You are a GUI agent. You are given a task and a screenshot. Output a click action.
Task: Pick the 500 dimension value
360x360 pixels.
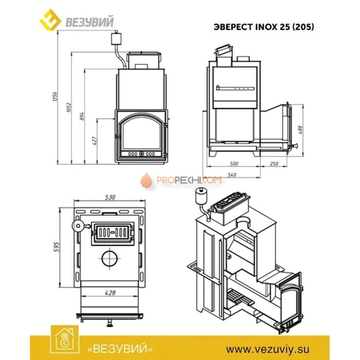click(235, 164)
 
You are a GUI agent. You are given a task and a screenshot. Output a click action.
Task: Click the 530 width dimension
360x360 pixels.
click(110, 197)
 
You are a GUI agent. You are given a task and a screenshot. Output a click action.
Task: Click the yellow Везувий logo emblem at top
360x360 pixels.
click(50, 20)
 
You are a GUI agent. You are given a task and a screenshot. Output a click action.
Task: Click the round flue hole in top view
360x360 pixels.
click(110, 259)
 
